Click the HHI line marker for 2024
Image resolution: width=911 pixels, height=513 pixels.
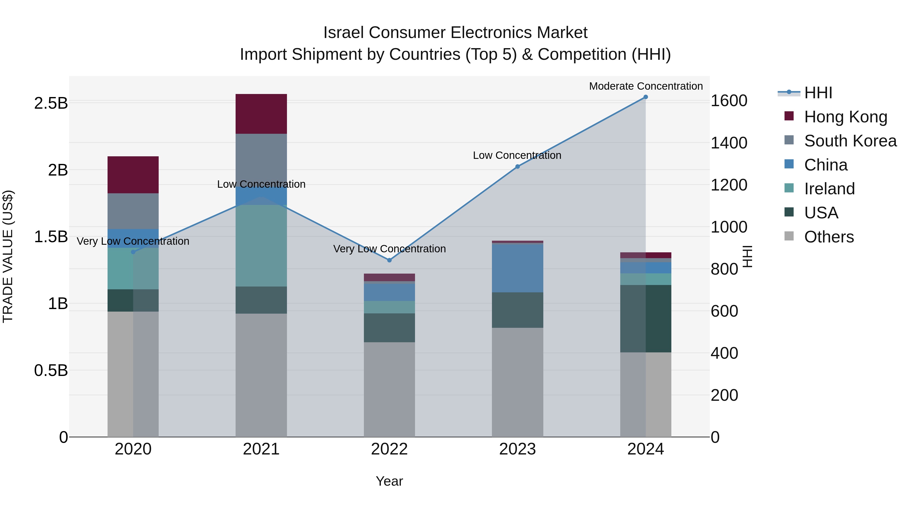pos(645,97)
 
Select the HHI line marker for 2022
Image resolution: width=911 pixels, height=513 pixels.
pos(389,260)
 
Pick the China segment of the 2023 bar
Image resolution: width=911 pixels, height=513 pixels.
pos(517,268)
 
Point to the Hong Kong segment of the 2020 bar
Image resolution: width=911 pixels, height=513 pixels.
pos(133,175)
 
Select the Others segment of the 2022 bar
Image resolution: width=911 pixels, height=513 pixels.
pos(389,389)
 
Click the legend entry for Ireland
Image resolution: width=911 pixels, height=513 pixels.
pos(829,189)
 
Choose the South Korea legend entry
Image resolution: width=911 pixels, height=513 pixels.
pos(850,141)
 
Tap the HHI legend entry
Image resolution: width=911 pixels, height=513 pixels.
pos(818,93)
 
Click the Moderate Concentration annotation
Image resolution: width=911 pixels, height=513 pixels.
pos(646,86)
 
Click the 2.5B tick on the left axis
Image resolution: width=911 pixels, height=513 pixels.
pos(51,103)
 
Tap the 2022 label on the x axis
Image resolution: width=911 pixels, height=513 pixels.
pos(389,449)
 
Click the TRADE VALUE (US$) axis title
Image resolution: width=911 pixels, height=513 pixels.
pos(8,256)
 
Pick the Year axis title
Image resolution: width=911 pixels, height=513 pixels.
pos(389,481)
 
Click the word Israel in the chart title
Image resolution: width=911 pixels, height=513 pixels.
pos(343,33)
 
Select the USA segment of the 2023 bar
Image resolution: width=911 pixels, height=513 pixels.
pos(517,310)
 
